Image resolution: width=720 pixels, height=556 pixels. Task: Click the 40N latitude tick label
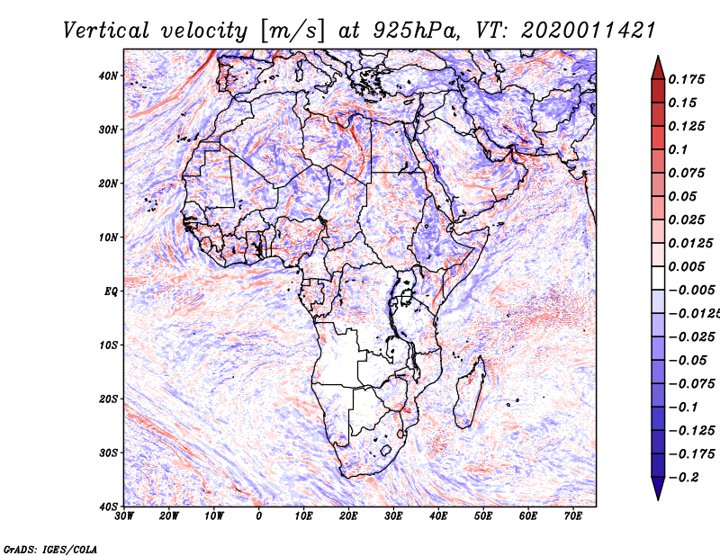[108, 76]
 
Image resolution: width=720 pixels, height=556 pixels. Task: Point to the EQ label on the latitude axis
[111, 291]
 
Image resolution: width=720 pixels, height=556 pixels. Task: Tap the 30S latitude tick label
[108, 453]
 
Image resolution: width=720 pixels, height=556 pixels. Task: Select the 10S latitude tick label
[108, 345]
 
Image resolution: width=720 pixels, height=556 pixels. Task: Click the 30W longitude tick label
[124, 516]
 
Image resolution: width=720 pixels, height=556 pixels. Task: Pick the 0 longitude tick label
[259, 516]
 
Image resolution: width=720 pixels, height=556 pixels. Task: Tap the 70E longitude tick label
[573, 516]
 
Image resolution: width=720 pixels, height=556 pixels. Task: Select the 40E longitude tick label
[438, 516]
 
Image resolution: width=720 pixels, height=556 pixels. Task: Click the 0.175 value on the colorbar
[686, 79]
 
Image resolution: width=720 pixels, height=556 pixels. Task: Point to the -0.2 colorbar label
[684, 477]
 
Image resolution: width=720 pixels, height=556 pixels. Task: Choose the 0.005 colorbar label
[686, 266]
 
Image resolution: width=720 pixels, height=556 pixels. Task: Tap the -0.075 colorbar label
[691, 384]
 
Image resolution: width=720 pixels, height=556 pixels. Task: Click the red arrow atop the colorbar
[658, 68]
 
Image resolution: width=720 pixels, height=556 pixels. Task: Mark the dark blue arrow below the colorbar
[658, 488]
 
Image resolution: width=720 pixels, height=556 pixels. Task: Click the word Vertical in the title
[106, 31]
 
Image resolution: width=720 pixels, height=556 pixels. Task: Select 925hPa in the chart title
[415, 31]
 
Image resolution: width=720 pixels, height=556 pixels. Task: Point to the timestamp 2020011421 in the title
[588, 31]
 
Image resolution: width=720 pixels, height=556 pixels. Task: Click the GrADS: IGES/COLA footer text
[50, 549]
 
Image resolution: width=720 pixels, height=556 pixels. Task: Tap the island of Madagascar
[470, 393]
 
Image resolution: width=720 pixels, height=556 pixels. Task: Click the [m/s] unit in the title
[292, 31]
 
